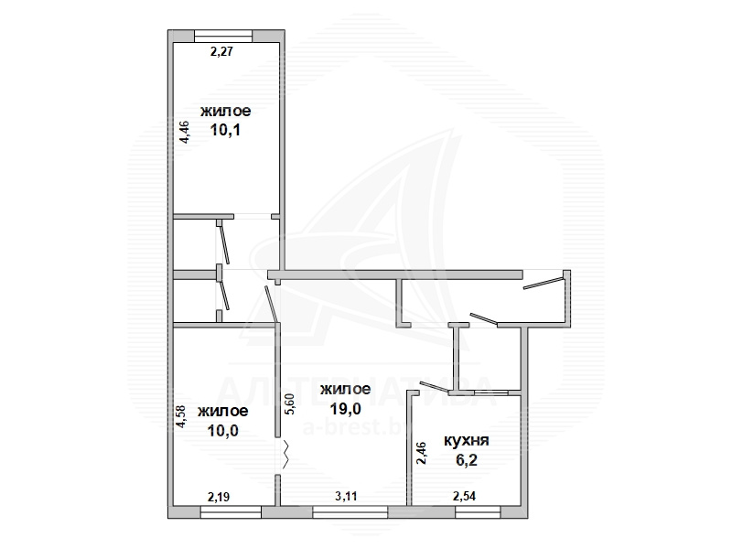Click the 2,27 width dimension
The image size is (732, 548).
(221, 51)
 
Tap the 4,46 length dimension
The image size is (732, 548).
(185, 132)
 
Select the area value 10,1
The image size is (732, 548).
(225, 130)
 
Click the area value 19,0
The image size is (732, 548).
(346, 409)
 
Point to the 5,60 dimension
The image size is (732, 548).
(290, 403)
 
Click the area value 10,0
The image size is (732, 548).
(223, 430)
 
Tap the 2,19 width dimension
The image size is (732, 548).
(219, 497)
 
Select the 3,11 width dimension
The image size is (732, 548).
(346, 496)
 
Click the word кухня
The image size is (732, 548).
(466, 440)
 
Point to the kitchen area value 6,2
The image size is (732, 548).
(467, 461)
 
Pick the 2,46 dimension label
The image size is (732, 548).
(421, 453)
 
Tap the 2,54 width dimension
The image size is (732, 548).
(465, 496)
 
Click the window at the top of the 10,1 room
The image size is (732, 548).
(223, 36)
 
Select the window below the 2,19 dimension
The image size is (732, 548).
(231, 512)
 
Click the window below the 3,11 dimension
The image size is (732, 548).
(350, 512)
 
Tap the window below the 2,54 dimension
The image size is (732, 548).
(478, 512)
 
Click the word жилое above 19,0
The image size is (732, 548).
(346, 389)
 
